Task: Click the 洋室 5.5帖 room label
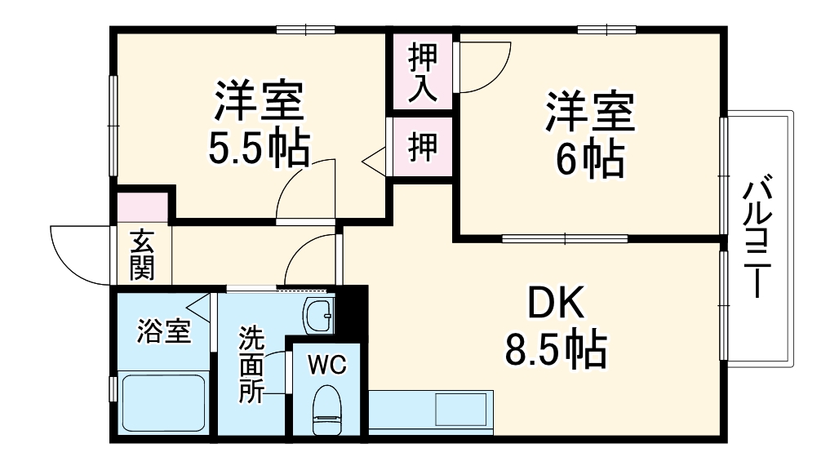(x=260, y=123)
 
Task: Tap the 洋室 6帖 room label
(x=590, y=135)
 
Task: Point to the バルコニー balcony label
(x=756, y=237)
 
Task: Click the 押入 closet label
(x=423, y=71)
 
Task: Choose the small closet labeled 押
(x=422, y=148)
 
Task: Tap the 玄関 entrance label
(x=141, y=255)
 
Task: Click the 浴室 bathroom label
(x=163, y=332)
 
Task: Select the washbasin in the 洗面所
(x=318, y=315)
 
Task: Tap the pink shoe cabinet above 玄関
(x=142, y=207)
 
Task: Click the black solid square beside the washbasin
(x=352, y=310)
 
